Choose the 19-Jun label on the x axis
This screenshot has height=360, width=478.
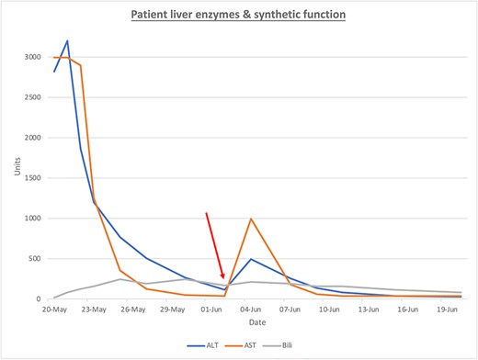point(448,309)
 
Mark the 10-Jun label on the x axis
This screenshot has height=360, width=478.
point(330,309)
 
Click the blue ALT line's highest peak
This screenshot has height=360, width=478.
point(67,40)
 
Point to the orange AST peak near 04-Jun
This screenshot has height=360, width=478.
point(251,219)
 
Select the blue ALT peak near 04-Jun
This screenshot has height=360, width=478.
point(251,259)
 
